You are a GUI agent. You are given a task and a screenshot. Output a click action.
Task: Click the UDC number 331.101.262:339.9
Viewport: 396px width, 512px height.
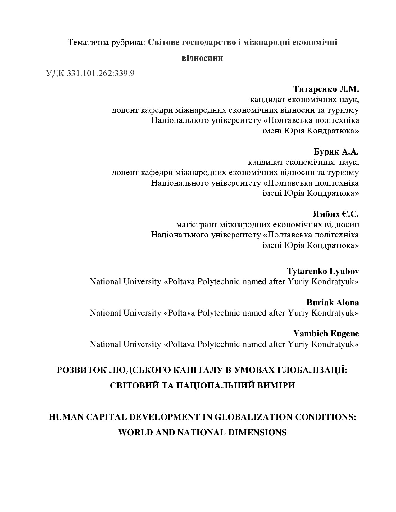click(x=100, y=74)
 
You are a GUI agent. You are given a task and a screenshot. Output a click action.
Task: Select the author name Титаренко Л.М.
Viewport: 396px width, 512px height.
click(x=326, y=89)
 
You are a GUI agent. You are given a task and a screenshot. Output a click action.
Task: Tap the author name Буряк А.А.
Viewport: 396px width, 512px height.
click(x=336, y=152)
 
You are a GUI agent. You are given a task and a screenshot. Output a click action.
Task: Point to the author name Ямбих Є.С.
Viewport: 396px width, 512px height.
click(x=336, y=214)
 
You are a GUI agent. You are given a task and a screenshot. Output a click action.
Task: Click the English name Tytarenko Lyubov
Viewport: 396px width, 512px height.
click(x=323, y=271)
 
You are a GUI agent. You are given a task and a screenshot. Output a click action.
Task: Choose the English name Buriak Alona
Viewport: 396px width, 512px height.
click(x=333, y=302)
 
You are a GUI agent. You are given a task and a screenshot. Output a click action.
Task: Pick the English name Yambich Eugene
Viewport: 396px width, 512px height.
click(x=326, y=334)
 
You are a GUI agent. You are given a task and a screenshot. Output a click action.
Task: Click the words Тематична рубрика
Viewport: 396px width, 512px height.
click(x=107, y=42)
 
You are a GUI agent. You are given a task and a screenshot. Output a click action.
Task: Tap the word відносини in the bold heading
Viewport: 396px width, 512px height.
click(x=202, y=58)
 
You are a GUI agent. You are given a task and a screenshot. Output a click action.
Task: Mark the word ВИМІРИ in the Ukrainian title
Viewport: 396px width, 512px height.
click(x=276, y=386)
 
